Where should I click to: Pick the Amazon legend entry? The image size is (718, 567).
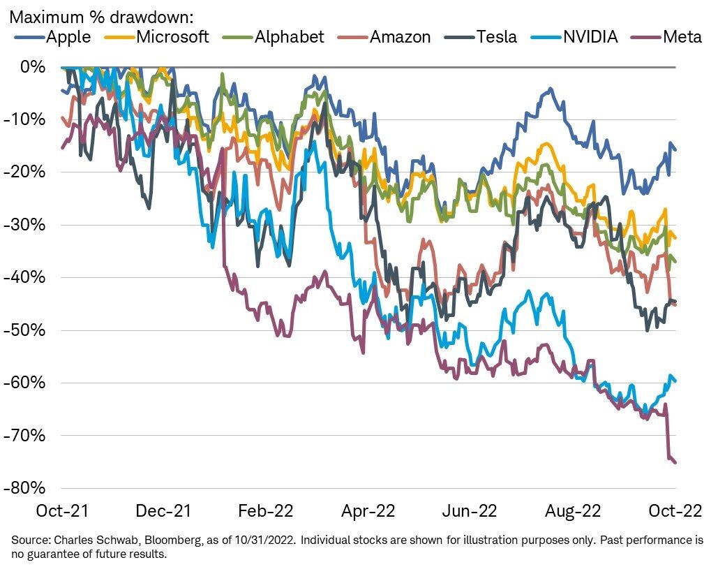coord(390,37)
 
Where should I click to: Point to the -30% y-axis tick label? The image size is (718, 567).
coord(29,225)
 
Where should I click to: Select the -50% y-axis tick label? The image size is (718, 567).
coord(29,330)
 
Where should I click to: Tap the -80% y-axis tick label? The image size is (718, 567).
coord(29,488)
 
